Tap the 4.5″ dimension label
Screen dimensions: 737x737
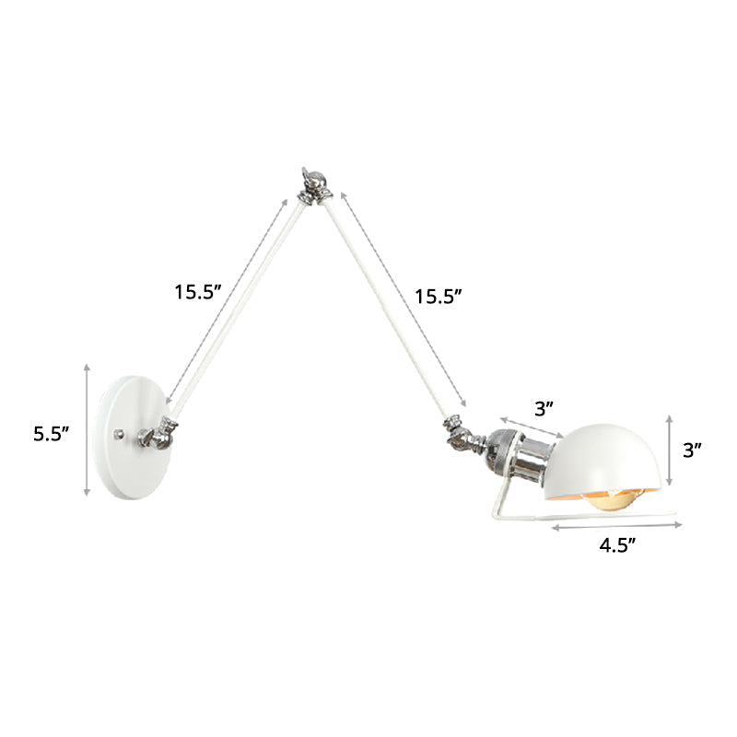[x=619, y=544]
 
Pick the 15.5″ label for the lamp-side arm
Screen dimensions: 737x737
[x=436, y=297]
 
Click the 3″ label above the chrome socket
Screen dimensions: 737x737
[x=544, y=406]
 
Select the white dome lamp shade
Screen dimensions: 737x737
[x=607, y=456]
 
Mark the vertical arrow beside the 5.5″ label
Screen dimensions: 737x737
[x=87, y=429]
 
